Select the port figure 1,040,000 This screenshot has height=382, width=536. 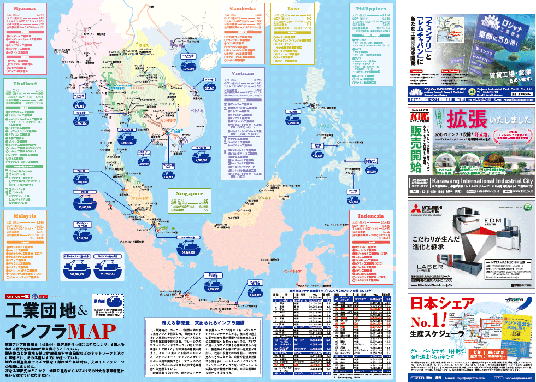[189, 69]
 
